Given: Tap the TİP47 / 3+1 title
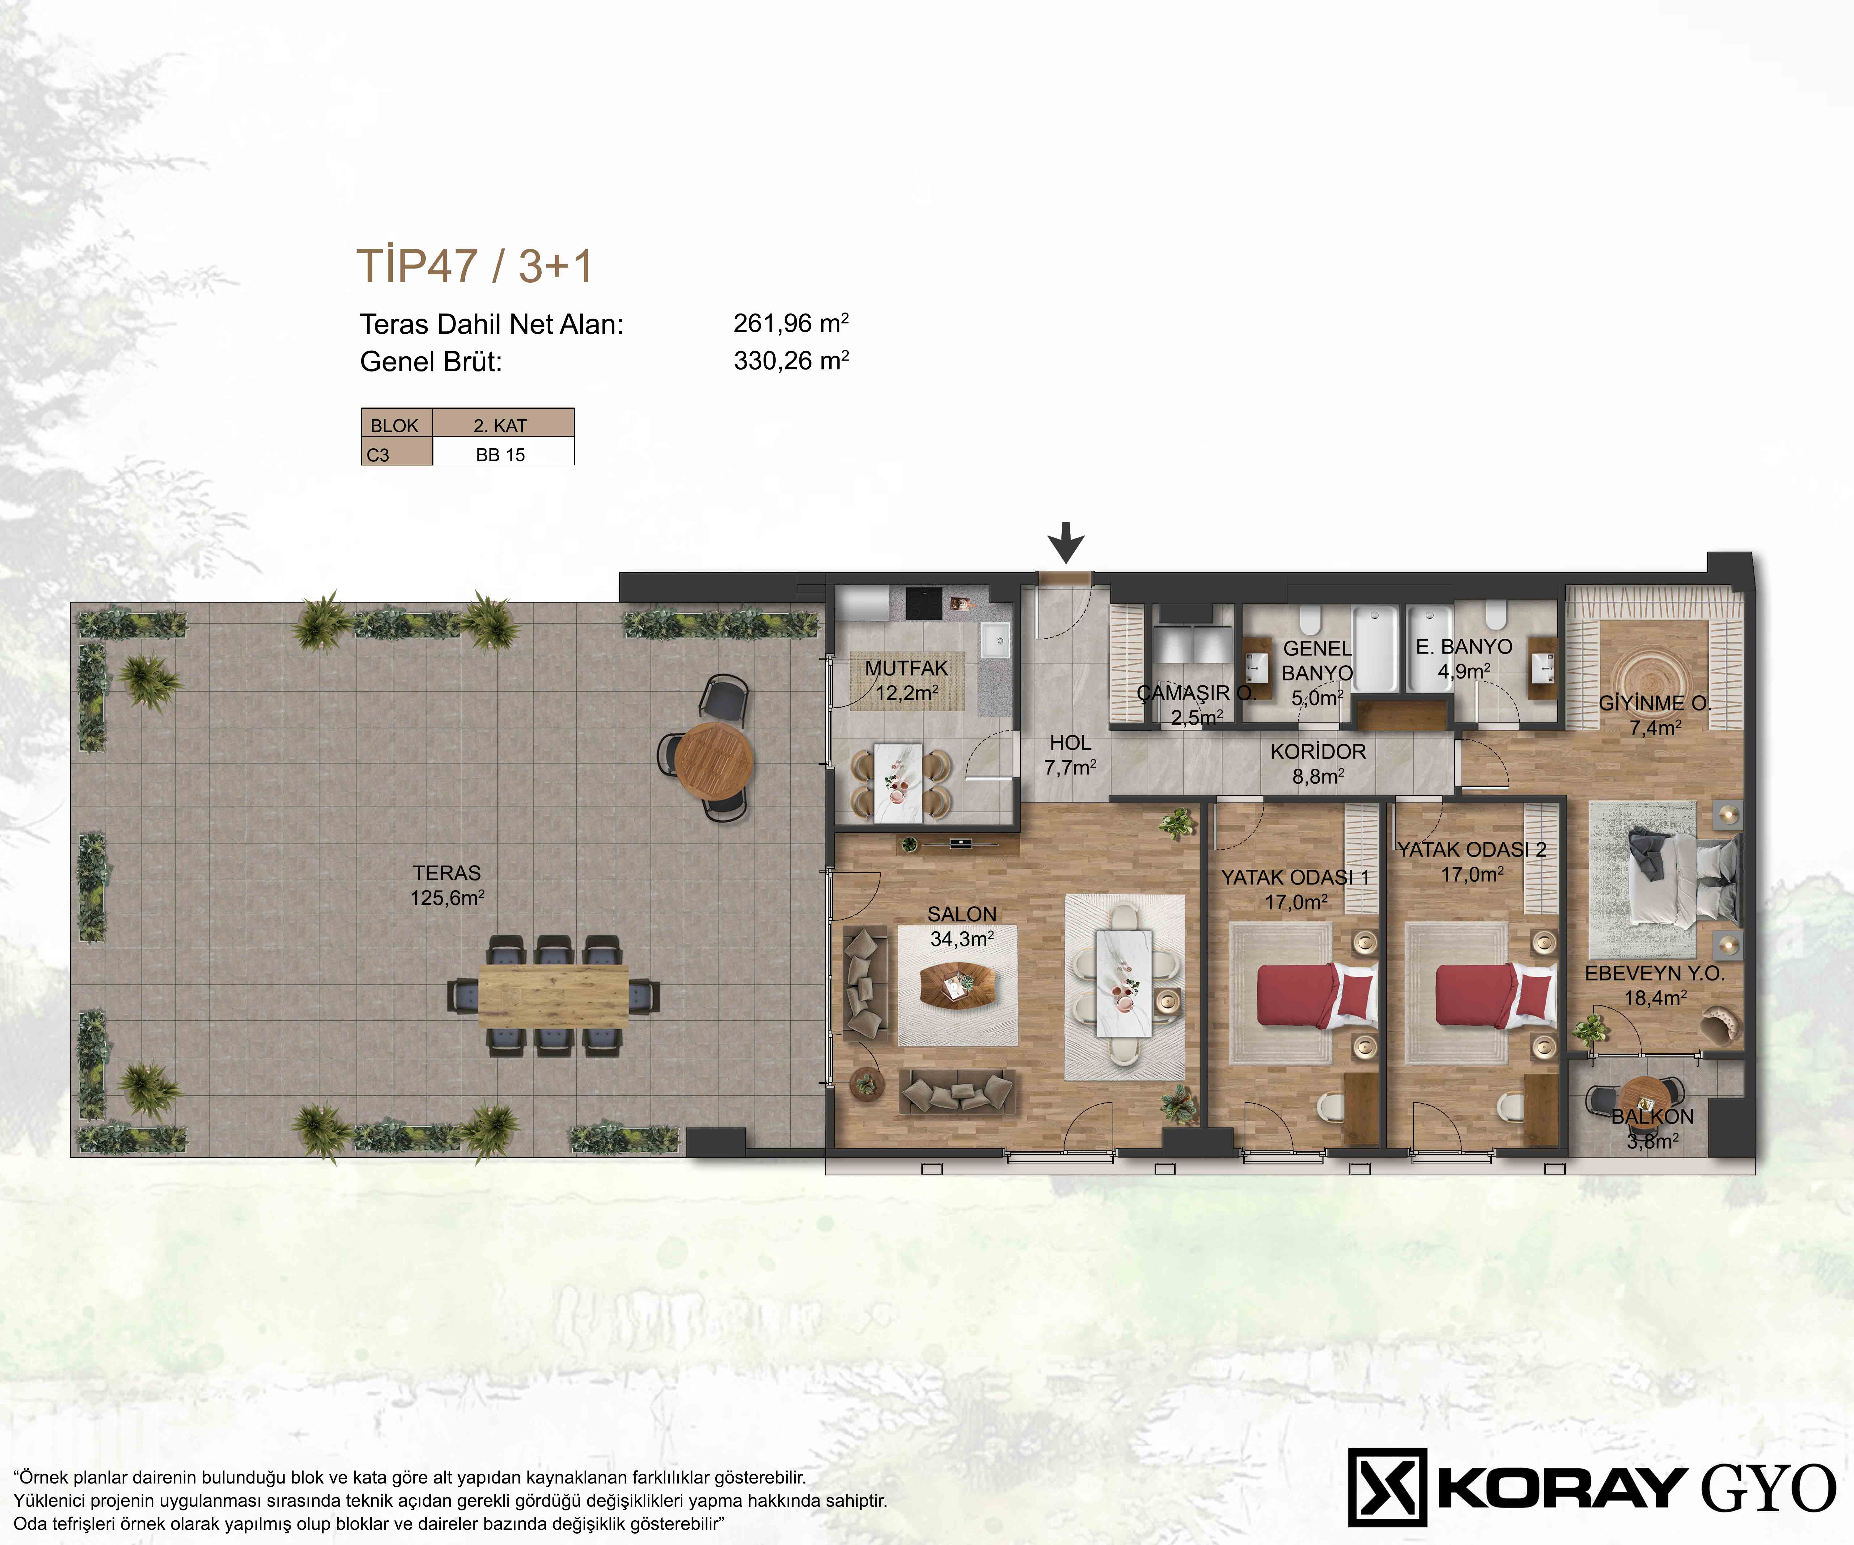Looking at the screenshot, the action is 474,266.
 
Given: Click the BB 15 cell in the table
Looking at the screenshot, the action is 501,455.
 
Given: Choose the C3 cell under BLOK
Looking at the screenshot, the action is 378,455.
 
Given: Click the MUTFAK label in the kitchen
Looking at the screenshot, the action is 907,668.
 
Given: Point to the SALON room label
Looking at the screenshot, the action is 961,914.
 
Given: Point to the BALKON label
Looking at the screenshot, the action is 1653,1116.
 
